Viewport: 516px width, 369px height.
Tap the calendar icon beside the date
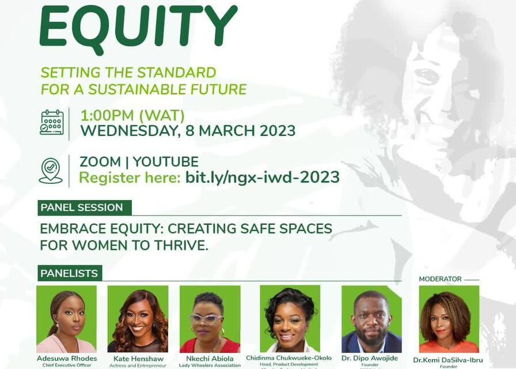(51, 122)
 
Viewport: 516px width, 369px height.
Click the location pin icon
(51, 170)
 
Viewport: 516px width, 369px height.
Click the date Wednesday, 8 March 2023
(188, 131)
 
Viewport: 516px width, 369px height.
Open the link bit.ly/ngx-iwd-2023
(263, 177)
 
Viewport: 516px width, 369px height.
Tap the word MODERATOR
(441, 279)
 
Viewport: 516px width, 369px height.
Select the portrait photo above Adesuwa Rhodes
(66, 319)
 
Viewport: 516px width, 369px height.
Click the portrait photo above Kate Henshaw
(138, 319)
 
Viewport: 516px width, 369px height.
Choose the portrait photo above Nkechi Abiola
(210, 319)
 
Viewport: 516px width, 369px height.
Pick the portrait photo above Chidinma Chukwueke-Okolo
(290, 319)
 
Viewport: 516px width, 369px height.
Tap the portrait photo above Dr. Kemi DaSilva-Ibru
(449, 319)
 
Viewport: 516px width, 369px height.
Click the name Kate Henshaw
(138, 359)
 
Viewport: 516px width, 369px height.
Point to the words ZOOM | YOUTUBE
(139, 162)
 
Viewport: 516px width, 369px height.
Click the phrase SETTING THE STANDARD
(128, 73)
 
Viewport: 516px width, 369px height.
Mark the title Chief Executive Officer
(67, 366)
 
